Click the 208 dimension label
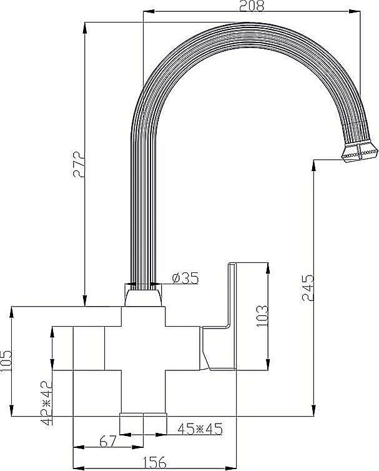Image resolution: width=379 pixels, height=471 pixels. click(252, 6)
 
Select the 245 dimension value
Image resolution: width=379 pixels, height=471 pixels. click(307, 287)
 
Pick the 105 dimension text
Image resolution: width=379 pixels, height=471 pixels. click(6, 361)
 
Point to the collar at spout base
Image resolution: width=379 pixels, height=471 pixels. click(143, 295)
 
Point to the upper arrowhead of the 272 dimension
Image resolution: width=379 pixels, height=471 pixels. click(84, 25)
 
